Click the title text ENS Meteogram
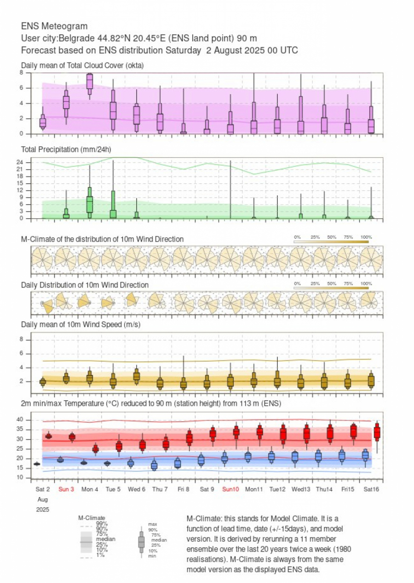tap(54, 26)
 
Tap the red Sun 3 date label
tap(66, 489)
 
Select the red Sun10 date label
tap(230, 489)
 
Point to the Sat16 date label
tap(371, 489)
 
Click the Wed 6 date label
tap(137, 489)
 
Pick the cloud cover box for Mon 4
tap(90, 81)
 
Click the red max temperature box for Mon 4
tap(95, 449)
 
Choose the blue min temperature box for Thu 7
tap(154, 465)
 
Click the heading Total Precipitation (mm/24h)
tap(66, 149)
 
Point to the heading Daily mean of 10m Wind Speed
tap(80, 325)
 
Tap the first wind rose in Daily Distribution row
tap(46, 304)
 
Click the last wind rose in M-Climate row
tap(371, 258)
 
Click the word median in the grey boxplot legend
tap(159, 540)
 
